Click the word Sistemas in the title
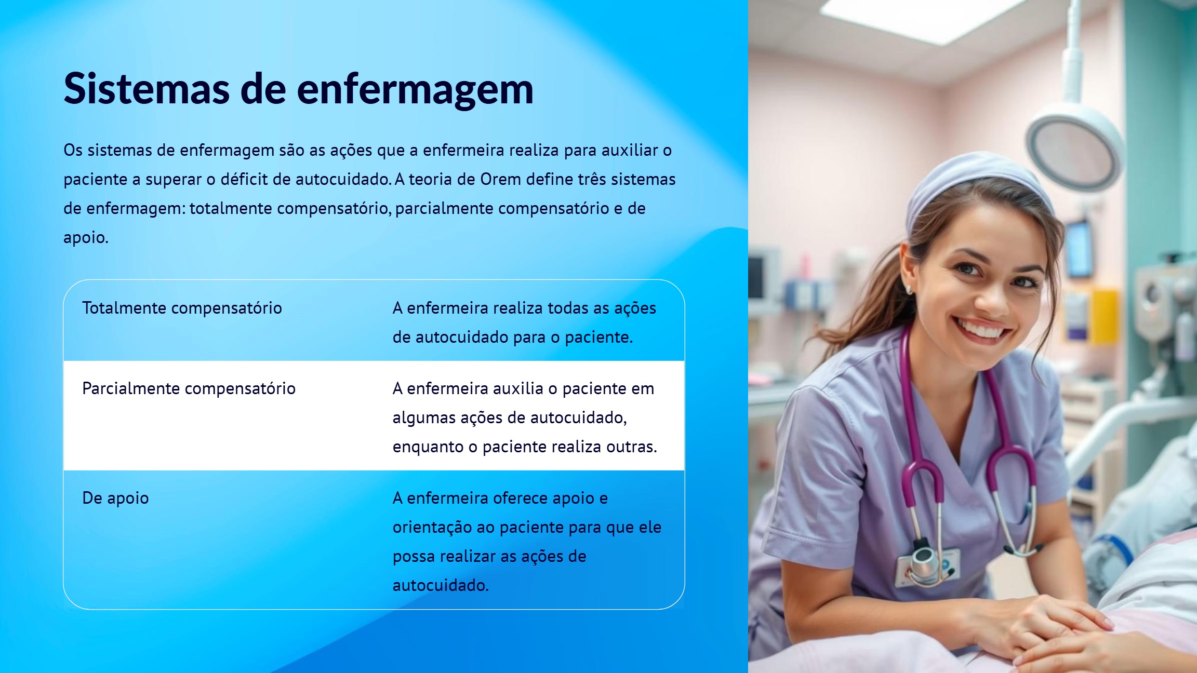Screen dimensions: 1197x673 [x=147, y=88]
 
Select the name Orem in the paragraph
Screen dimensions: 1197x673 [x=500, y=179]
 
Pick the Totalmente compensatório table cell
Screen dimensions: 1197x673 [x=182, y=308]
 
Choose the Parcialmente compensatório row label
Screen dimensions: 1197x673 [x=189, y=388]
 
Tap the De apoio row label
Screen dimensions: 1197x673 [x=115, y=498]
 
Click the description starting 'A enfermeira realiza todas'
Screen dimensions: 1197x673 [x=524, y=322]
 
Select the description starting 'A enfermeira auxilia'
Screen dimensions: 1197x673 [x=525, y=418]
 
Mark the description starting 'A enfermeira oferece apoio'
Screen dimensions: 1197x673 [x=527, y=542]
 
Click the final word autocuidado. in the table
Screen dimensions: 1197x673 [x=441, y=585]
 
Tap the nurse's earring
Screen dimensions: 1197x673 [x=910, y=289]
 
